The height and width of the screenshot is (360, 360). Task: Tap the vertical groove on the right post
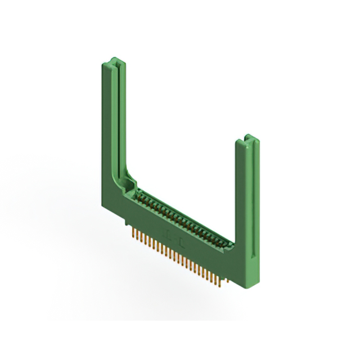[x=248, y=186]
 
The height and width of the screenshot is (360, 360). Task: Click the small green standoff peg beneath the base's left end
[x=126, y=224]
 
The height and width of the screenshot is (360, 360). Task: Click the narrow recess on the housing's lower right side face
[x=254, y=264]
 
